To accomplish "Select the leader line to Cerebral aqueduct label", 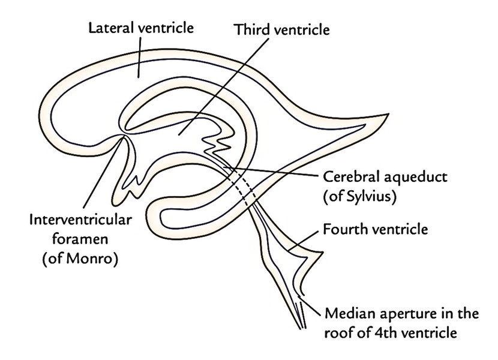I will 270,172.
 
